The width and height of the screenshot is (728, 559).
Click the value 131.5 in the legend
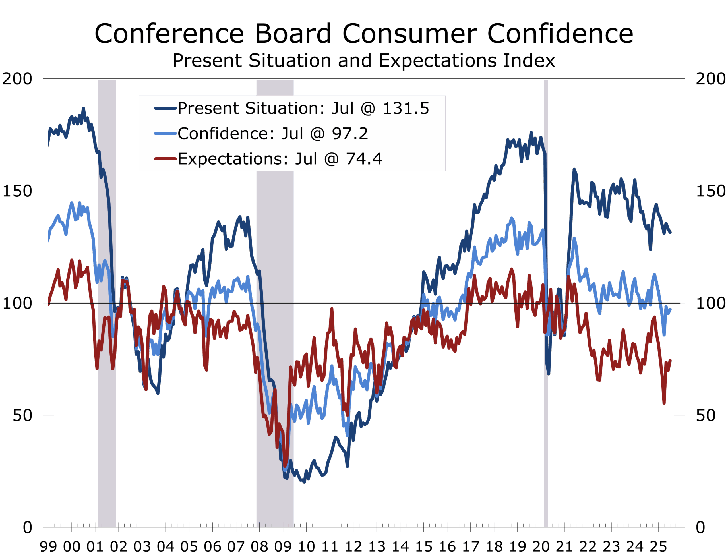pyautogui.click(x=406, y=108)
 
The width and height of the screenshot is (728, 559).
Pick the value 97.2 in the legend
pyautogui.click(x=350, y=134)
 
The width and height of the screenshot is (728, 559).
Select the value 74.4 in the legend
pyautogui.click(x=364, y=159)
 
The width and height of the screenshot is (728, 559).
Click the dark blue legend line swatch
pyautogui.click(x=165, y=108)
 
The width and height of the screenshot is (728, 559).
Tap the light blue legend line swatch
pyautogui.click(x=165, y=133)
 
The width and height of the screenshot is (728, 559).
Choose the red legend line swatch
pyautogui.click(x=165, y=159)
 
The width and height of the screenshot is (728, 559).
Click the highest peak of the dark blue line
pyautogui.click(x=84, y=108)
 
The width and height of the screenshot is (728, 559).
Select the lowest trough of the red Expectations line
pyautogui.click(x=286, y=465)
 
